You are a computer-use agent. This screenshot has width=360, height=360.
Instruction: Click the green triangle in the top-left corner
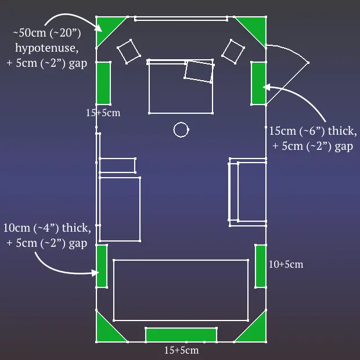pos(106,27)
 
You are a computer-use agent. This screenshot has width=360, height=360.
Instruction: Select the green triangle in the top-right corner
pos(255,27)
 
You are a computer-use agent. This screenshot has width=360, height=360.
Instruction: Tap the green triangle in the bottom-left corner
pos(106,332)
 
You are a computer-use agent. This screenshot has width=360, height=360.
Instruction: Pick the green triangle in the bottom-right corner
pos(255,332)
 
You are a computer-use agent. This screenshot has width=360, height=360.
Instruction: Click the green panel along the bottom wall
pos(181,335)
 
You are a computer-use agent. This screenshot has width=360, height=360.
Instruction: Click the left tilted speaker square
pos(129,52)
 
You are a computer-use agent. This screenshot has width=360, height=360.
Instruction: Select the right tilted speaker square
pos(233,52)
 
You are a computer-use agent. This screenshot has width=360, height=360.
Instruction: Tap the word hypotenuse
pos(47,48)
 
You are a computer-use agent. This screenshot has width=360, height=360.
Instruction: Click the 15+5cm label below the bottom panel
pos(181,350)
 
